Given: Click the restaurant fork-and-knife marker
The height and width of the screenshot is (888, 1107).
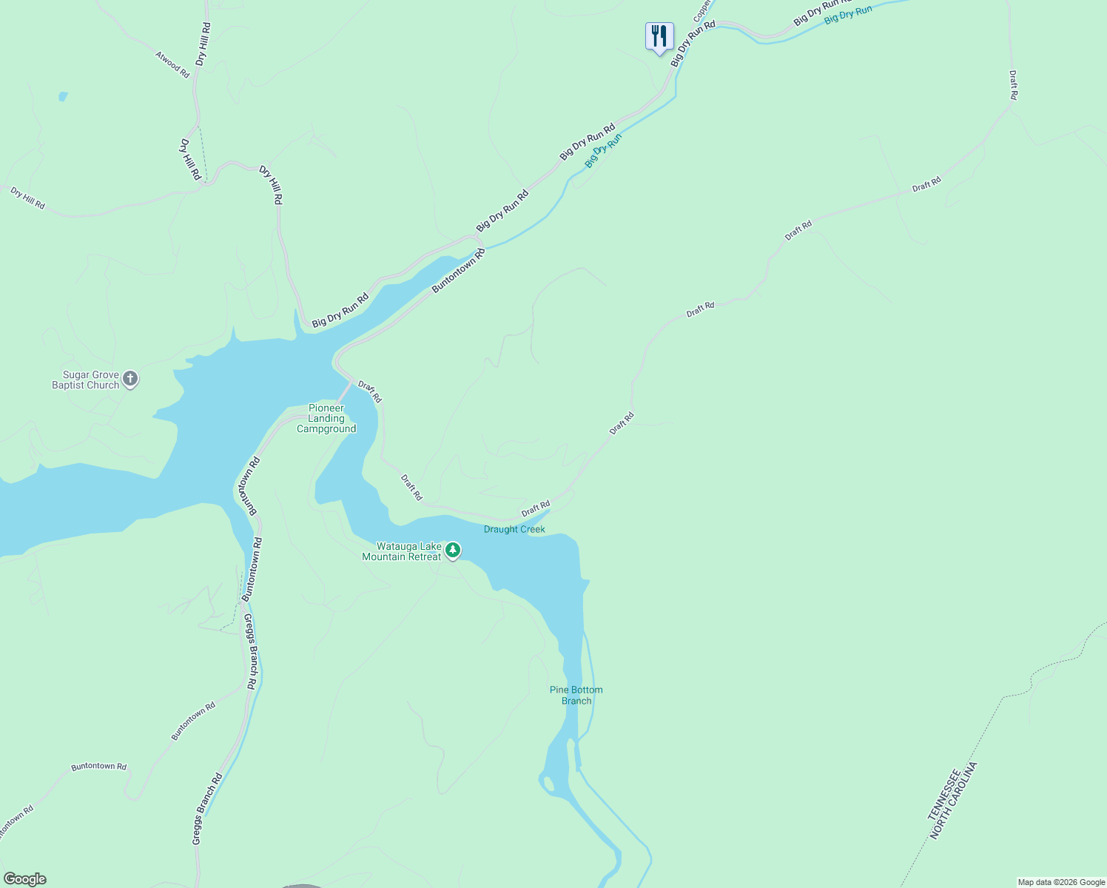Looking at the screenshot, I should click(659, 36).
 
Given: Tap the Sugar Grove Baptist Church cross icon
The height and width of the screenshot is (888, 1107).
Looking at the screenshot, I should click(130, 380).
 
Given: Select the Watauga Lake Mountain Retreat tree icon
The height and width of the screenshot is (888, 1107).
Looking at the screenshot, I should click(453, 551).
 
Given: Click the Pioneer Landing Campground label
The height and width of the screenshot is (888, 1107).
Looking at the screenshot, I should click(326, 419).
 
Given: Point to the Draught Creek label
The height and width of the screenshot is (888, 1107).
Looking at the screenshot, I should click(514, 529).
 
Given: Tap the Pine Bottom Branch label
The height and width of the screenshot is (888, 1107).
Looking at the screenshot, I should click(576, 695).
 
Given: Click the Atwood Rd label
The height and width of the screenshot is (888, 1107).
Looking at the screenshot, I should click(172, 64).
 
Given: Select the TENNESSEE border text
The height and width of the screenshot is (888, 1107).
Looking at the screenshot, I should click(945, 794).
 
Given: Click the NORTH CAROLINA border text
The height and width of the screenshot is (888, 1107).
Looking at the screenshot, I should click(955, 801).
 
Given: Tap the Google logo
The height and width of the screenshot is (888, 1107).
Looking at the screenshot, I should click(24, 879).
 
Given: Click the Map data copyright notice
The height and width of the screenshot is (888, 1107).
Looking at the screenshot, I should click(1061, 882).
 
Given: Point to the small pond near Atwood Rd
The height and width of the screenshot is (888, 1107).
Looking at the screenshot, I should click(63, 96).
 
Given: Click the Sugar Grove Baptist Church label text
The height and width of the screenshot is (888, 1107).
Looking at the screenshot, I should click(85, 380).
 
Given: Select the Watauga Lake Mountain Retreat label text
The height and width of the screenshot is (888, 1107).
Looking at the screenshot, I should click(402, 551).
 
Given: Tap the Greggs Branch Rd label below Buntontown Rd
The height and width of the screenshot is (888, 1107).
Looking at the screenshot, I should click(250, 652).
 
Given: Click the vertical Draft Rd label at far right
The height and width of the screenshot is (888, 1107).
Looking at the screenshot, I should click(1013, 85).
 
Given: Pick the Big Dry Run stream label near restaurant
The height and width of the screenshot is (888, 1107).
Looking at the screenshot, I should click(603, 150).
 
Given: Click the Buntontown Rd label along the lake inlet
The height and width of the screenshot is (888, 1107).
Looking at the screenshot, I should click(459, 270).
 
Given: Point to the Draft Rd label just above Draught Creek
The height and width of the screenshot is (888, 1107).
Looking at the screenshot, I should click(536, 509).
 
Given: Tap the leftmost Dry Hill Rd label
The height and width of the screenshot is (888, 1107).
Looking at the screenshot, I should click(28, 198).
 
